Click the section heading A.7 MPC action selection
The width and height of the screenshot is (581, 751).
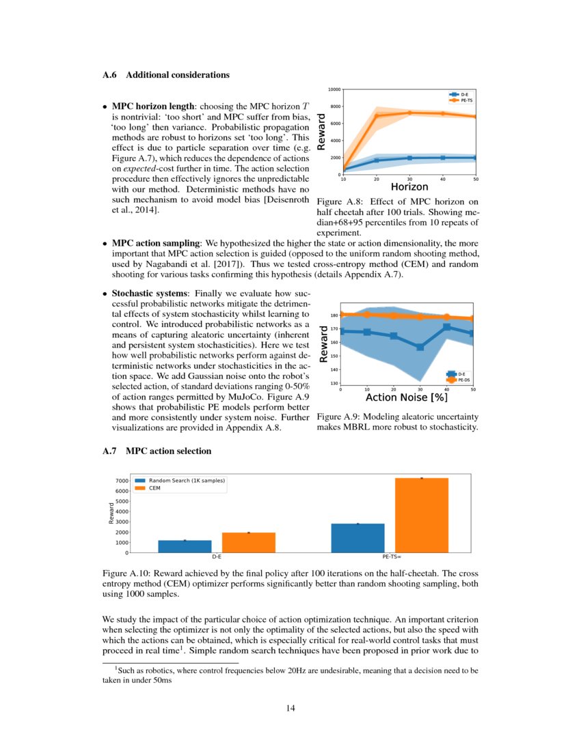pyautogui.click(x=157, y=451)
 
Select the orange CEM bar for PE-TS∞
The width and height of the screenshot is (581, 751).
pyautogui.click(x=422, y=515)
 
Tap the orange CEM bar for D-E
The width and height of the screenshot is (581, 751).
pyautogui.click(x=248, y=542)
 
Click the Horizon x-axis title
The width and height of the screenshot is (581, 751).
pyautogui.click(x=409, y=186)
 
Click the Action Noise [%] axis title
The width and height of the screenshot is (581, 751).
pyautogui.click(x=406, y=397)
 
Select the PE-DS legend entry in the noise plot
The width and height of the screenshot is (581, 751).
pyautogui.click(x=463, y=380)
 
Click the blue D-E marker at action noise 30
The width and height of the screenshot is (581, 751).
pyautogui.click(x=420, y=347)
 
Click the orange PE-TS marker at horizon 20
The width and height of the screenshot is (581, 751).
pyautogui.click(x=376, y=116)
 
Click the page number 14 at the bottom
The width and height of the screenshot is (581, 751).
pyautogui.click(x=290, y=707)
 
